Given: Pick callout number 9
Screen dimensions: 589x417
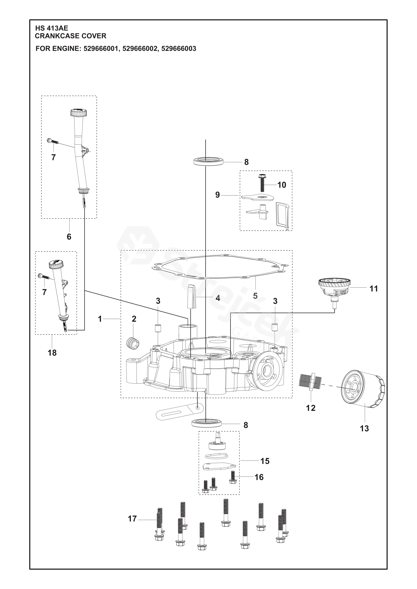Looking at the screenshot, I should [x=218, y=195].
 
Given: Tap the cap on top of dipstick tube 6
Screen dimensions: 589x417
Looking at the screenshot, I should [x=79, y=112].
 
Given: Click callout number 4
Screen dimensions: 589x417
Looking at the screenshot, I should [x=218, y=298].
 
